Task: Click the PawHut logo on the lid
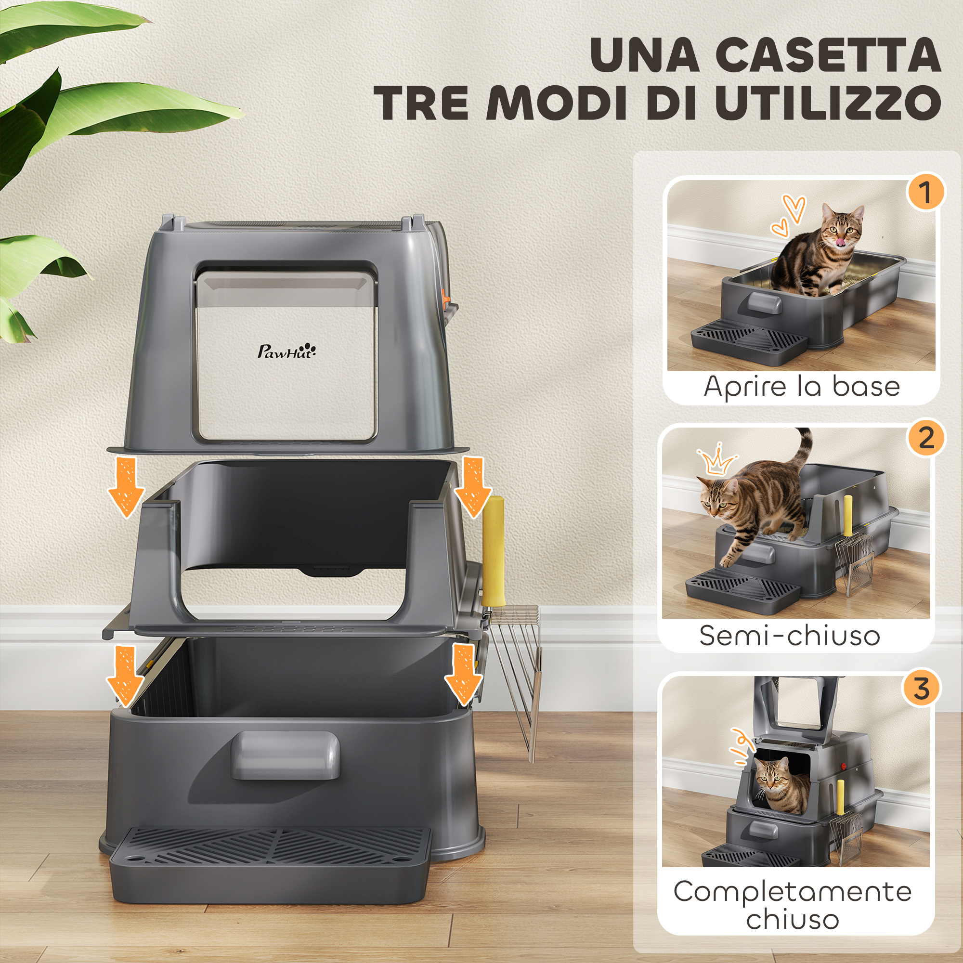(286, 351)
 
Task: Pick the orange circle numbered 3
(921, 689)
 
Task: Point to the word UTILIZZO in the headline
(828, 102)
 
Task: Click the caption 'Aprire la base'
(802, 387)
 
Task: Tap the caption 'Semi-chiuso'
(790, 636)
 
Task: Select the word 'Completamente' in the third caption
(793, 891)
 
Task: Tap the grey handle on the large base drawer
(285, 755)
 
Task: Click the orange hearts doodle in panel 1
(788, 215)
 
